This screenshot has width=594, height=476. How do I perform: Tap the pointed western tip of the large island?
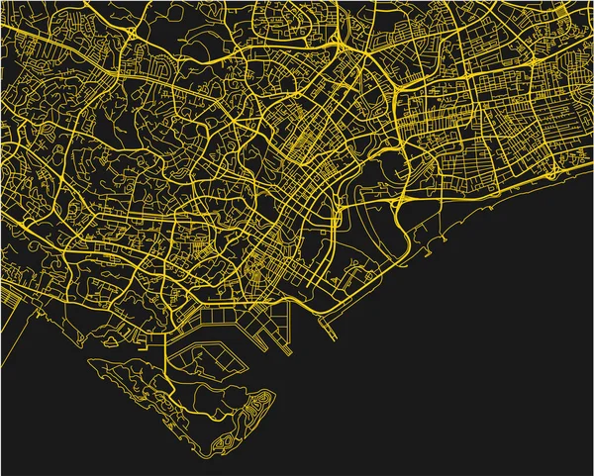pos(92,362)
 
